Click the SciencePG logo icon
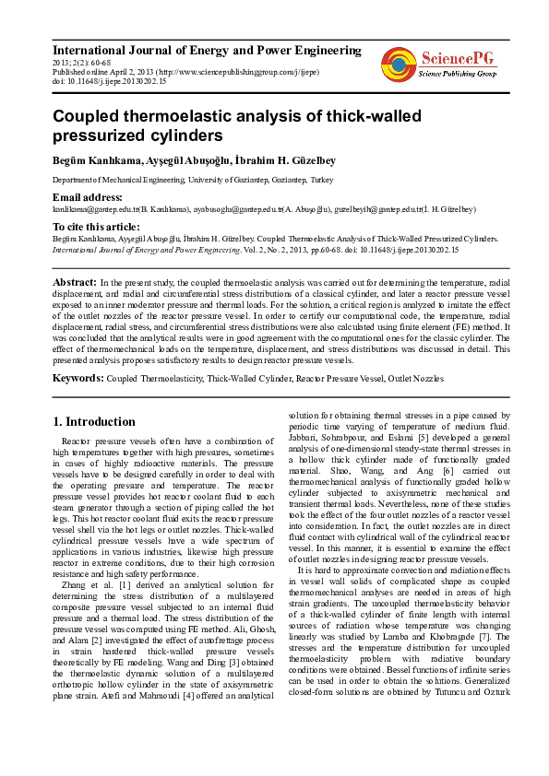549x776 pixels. (398, 63)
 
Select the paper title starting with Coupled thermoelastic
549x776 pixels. (223, 126)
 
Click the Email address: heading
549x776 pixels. (88, 197)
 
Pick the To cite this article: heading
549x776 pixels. (96, 227)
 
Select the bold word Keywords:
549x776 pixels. (78, 378)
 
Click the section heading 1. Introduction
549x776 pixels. (94, 422)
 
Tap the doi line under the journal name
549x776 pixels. (109, 82)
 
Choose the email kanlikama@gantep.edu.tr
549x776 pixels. (91, 210)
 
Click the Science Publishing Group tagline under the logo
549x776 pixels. (458, 73)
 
